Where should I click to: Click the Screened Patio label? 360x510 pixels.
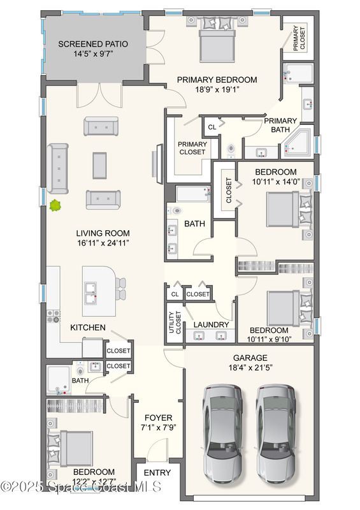pos(93,44)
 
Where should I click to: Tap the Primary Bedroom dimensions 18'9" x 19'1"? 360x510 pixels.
pos(217,89)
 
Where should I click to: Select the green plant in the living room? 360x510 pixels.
pos(55,205)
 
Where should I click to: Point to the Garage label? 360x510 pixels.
pos(250,358)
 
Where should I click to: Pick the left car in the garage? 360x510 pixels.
pos(222,433)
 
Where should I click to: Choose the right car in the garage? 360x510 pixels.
pos(276,433)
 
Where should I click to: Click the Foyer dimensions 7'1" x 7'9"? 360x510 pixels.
pos(159,427)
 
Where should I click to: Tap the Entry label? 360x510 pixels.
pos(157,472)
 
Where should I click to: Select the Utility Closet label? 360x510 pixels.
pos(175,323)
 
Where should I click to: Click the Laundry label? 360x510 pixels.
pos(211,324)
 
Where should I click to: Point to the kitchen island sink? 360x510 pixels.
pos(90,293)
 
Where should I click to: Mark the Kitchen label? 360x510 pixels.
pos(88,327)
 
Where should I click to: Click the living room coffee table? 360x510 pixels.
pos(99,165)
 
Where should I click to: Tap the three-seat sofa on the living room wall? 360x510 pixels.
pos(57,168)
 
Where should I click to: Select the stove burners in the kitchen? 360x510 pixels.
pos(54,316)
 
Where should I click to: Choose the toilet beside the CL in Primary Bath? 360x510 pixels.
pos(231,150)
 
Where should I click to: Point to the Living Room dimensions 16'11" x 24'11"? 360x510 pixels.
pos(103,243)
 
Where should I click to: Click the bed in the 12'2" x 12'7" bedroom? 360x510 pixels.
pos(70,449)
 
